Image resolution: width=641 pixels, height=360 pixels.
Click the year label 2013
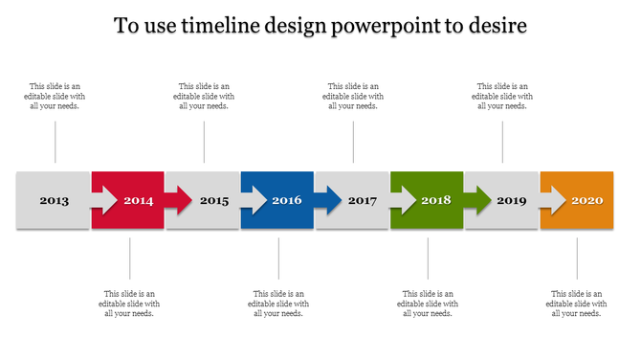coord(54,201)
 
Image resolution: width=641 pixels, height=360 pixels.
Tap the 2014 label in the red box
coord(138,201)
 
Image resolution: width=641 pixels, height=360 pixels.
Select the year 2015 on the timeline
coord(214,201)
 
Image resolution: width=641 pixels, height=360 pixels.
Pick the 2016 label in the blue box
coord(287,201)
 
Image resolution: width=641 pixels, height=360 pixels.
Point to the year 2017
coord(363,201)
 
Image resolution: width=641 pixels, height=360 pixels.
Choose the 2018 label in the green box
coord(436,201)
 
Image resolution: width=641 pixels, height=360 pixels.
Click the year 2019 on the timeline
coord(512,201)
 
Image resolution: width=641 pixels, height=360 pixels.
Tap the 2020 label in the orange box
coord(586,201)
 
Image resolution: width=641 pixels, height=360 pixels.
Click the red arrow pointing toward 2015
coord(177,200)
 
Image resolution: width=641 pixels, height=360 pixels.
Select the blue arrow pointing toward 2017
coord(326,200)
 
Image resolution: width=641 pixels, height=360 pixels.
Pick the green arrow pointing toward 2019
coord(475,200)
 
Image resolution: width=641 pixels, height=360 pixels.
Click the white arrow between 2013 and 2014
coord(102,200)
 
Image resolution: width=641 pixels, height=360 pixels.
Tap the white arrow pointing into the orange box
coord(552,200)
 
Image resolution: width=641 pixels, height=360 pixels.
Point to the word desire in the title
coord(495,26)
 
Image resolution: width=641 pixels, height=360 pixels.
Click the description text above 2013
coord(55,96)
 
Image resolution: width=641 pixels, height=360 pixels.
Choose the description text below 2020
coord(577,303)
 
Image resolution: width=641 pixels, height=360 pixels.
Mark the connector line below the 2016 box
coord(278,259)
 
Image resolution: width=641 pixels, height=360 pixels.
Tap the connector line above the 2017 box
coord(353,143)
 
